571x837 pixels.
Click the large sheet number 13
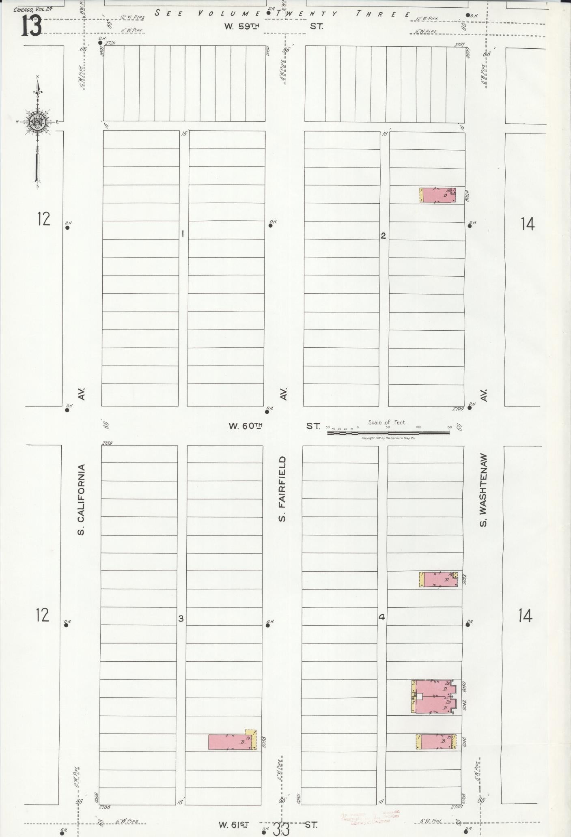31,27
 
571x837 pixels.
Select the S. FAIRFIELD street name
283,488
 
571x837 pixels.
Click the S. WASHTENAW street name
483,490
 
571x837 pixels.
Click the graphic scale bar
388,433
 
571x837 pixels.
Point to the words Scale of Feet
387,422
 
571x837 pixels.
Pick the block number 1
183,234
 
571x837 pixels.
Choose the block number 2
383,236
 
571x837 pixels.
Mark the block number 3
181,618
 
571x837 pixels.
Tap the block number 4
381,618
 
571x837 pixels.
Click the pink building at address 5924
438,195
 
